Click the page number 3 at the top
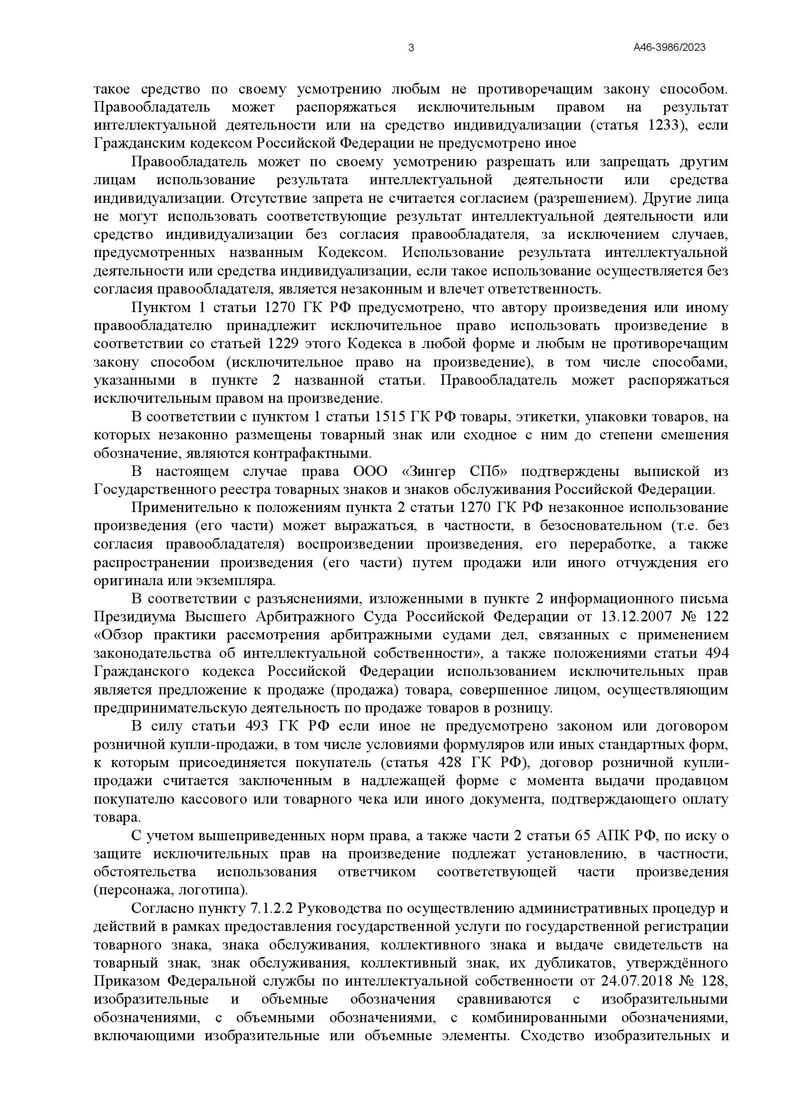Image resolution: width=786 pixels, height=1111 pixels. tap(411, 48)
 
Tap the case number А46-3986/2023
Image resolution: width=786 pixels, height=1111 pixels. tap(669, 48)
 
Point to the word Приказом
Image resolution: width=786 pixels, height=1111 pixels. tap(126, 983)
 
